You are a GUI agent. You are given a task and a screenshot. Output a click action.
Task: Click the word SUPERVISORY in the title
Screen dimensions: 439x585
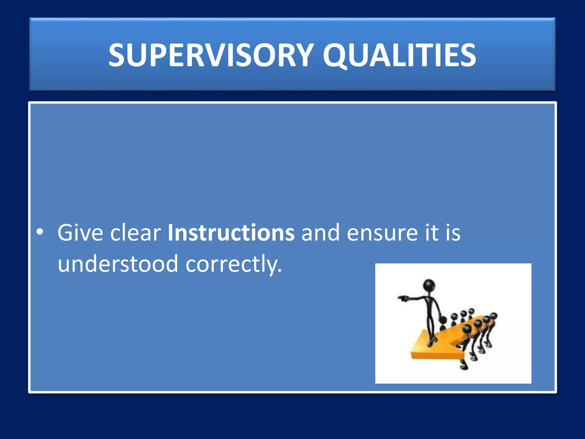(x=211, y=55)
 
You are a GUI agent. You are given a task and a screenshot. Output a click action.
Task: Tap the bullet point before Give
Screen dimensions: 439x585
(x=40, y=232)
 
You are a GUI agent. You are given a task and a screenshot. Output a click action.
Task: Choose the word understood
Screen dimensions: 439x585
(x=118, y=264)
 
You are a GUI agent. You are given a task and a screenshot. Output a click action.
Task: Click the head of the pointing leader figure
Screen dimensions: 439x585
(x=429, y=285)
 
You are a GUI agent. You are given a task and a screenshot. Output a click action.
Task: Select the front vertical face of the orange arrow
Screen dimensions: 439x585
(x=437, y=355)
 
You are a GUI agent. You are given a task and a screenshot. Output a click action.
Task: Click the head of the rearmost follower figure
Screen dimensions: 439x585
(x=471, y=311)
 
